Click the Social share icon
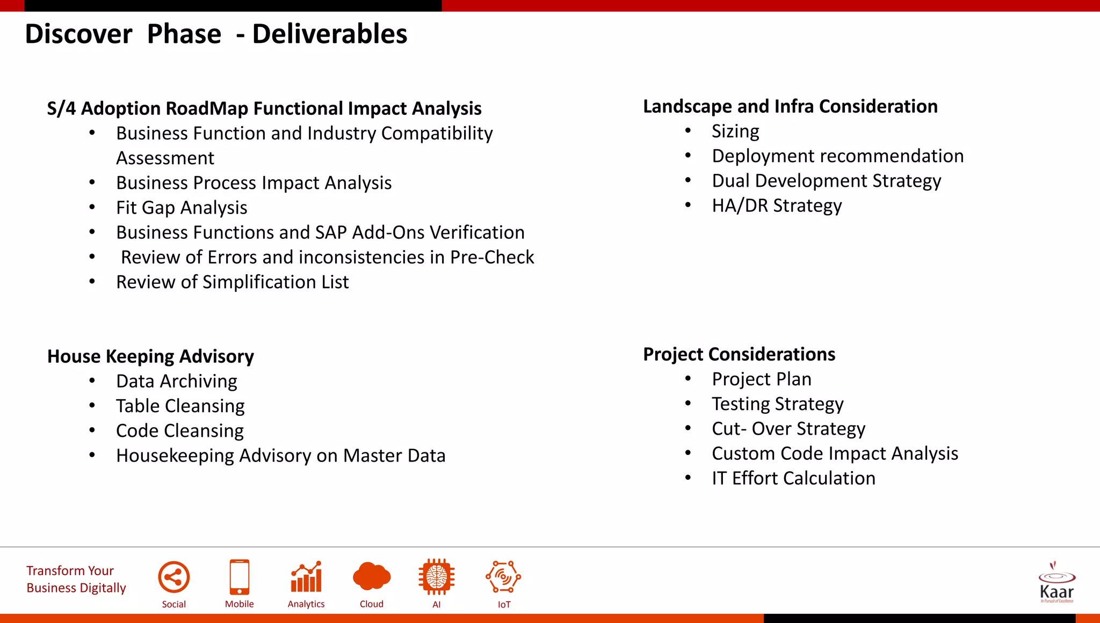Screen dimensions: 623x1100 tap(174, 577)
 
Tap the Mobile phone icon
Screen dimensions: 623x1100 tap(240, 577)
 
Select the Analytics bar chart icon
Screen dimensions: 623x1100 tap(306, 577)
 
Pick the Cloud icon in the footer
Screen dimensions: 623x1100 tap(372, 577)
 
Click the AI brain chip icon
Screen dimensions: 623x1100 tap(437, 577)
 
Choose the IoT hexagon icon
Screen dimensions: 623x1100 tap(503, 577)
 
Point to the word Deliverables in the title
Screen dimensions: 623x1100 tap(330, 34)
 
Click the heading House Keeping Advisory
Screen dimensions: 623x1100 tap(150, 356)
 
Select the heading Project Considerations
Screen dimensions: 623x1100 tap(739, 354)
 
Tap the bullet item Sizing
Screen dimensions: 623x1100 tap(735, 131)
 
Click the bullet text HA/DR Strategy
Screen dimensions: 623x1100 tap(777, 206)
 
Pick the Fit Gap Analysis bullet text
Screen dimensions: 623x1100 tap(182, 208)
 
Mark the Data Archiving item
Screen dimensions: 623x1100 tap(177, 381)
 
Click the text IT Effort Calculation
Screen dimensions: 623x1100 tap(793, 478)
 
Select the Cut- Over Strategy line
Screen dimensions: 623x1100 tap(788, 429)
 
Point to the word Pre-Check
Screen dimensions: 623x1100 tap(492, 257)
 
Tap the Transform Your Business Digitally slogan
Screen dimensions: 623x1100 tap(76, 579)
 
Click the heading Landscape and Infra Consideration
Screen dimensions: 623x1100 tap(790, 106)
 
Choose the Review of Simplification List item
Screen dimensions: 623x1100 tap(233, 282)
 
